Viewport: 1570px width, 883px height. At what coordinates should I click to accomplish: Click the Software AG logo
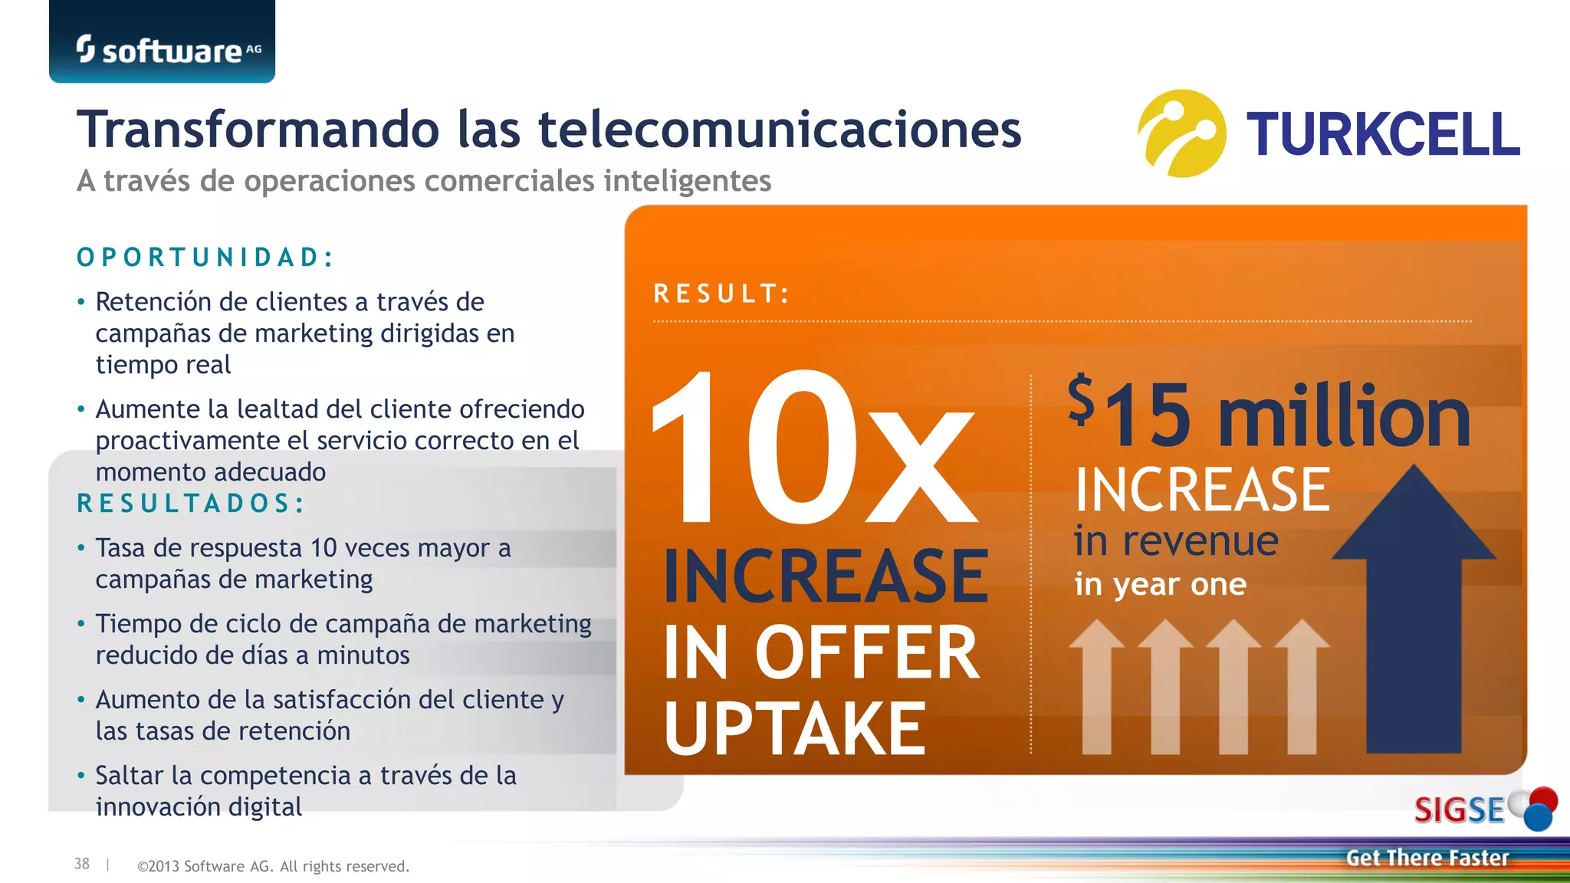click(168, 50)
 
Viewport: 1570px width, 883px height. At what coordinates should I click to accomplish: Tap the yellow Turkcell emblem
click(1181, 133)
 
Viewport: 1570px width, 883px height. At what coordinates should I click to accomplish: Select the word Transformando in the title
click(258, 130)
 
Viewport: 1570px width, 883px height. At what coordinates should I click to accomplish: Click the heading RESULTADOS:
click(191, 504)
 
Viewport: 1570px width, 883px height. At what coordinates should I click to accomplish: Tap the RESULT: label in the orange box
click(721, 294)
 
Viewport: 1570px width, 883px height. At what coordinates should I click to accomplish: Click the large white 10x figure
click(813, 448)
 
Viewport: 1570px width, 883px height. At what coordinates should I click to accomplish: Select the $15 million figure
click(1269, 414)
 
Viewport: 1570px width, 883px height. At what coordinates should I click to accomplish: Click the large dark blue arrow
click(1414, 613)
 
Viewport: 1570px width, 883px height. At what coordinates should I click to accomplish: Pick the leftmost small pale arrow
click(1097, 686)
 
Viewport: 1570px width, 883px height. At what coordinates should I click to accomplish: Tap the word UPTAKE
click(795, 728)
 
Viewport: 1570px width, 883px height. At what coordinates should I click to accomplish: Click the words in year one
click(1160, 585)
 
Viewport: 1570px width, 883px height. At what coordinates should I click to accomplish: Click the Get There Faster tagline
click(1427, 858)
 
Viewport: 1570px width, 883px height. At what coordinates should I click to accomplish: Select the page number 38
click(82, 864)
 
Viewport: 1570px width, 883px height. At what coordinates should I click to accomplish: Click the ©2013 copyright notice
click(273, 866)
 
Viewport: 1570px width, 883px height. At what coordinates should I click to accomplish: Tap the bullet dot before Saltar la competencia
click(81, 776)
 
